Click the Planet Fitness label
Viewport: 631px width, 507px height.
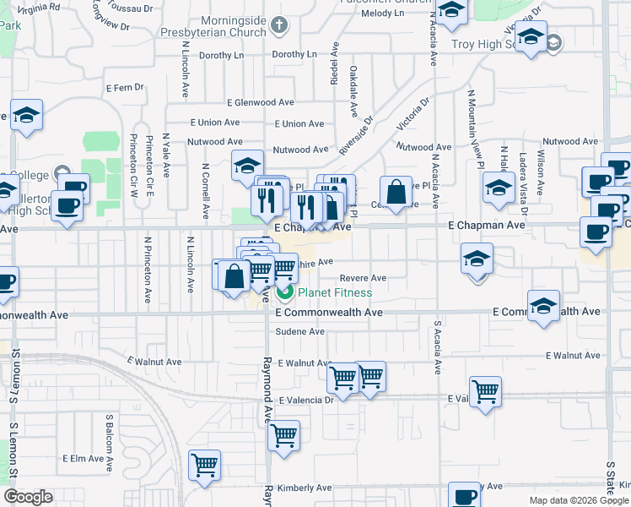click(x=335, y=293)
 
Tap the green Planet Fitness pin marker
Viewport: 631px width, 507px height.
click(x=285, y=293)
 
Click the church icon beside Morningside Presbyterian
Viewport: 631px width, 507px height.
click(x=281, y=25)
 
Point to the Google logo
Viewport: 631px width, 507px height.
click(x=28, y=497)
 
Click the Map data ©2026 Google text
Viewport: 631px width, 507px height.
click(x=578, y=500)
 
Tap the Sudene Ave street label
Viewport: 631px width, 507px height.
click(x=299, y=332)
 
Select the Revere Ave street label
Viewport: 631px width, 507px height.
click(x=363, y=278)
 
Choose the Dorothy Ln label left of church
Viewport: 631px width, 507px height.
click(x=221, y=55)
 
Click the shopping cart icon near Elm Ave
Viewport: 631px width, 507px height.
click(x=205, y=464)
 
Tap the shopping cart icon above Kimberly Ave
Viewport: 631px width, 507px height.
click(x=283, y=435)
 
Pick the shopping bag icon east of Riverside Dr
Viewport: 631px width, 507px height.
click(x=396, y=191)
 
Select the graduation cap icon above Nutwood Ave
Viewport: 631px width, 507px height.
click(x=247, y=164)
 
